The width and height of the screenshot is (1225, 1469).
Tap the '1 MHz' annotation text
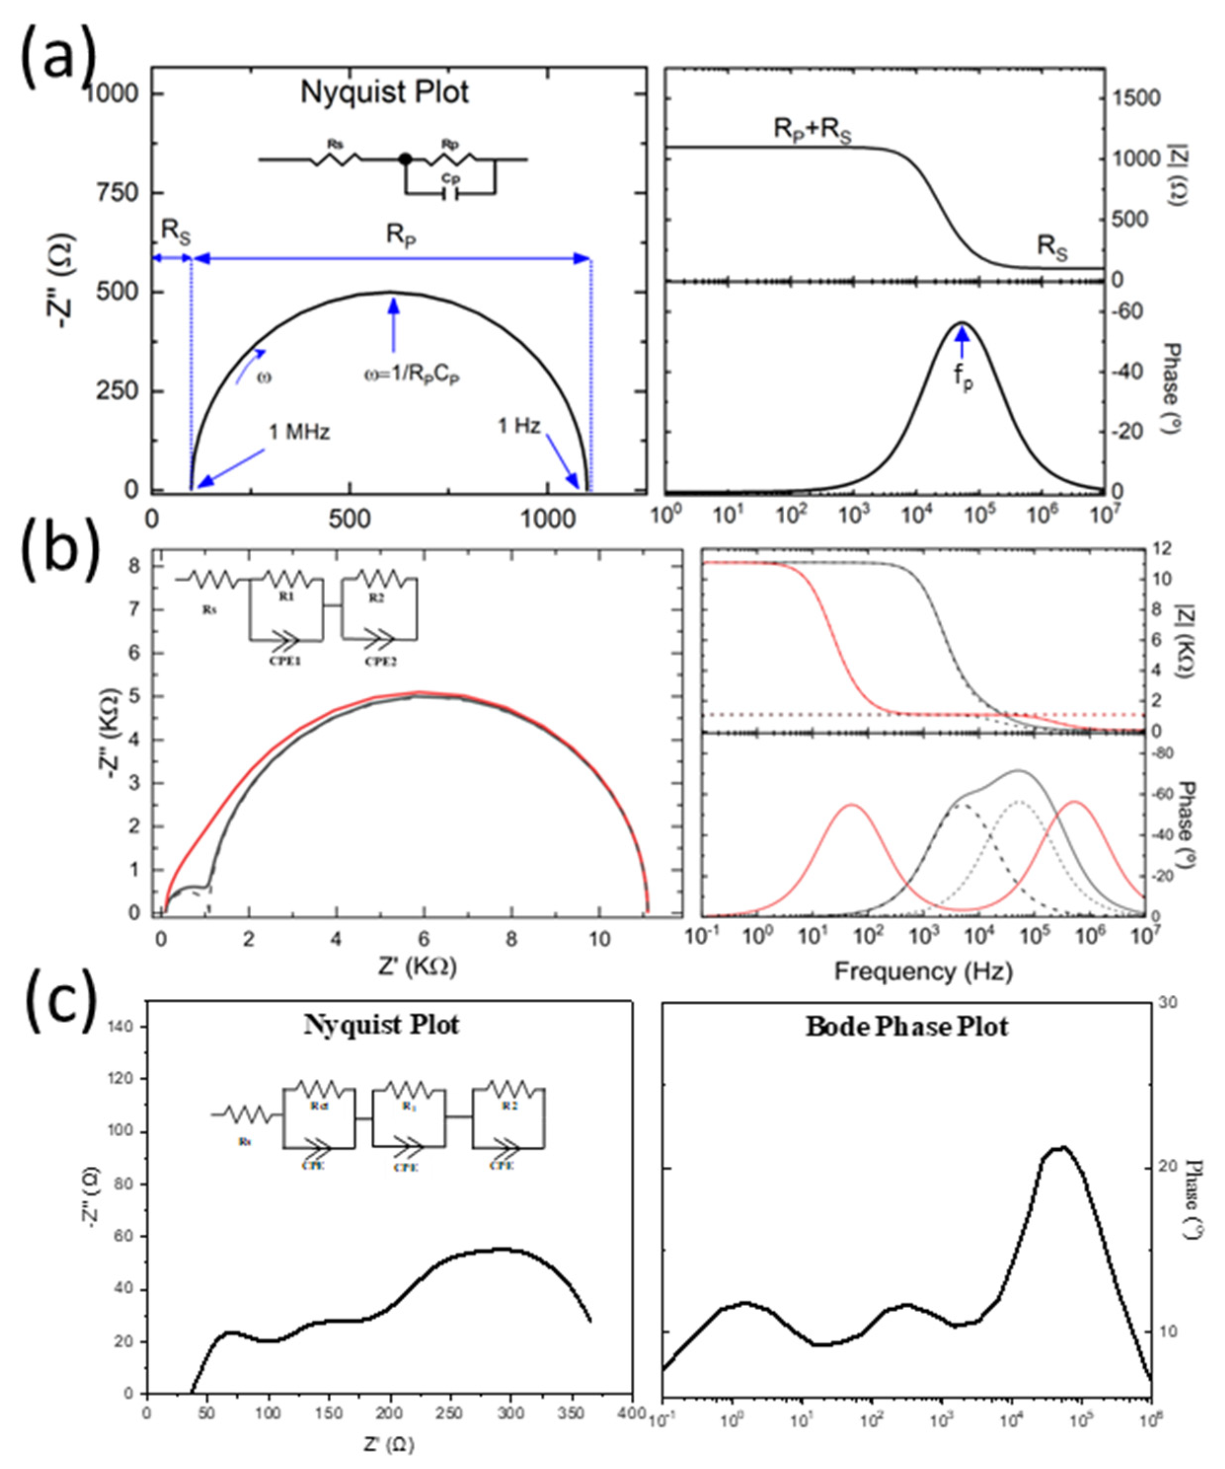299,432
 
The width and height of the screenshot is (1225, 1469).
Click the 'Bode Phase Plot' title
907,1027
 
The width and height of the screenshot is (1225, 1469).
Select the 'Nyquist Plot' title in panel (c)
382,1025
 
